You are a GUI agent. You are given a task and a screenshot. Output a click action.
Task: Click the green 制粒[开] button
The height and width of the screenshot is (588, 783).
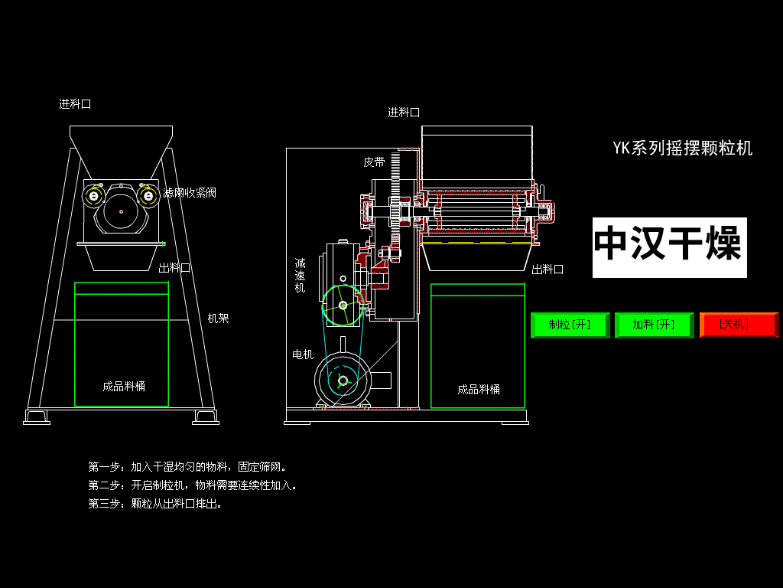pyautogui.click(x=570, y=325)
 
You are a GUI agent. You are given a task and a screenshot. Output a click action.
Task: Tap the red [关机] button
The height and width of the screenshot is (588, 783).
pyautogui.click(x=739, y=325)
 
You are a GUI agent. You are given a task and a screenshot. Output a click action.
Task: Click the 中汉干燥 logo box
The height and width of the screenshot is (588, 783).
pyautogui.click(x=669, y=247)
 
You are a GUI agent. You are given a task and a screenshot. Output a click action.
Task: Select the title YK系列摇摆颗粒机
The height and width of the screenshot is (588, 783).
pyautogui.click(x=682, y=149)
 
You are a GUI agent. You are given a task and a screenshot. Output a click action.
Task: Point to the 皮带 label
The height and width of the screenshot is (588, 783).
pyautogui.click(x=374, y=162)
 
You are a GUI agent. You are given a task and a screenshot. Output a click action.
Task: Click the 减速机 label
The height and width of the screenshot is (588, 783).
pyautogui.click(x=301, y=275)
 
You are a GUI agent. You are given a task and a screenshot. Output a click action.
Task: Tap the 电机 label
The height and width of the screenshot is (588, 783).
pyautogui.click(x=303, y=354)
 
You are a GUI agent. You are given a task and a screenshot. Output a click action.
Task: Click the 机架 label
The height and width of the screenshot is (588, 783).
pyautogui.click(x=219, y=318)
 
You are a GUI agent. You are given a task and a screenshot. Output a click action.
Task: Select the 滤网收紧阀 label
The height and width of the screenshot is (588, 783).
pyautogui.click(x=190, y=193)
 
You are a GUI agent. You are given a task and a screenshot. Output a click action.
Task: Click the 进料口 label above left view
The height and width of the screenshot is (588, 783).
pyautogui.click(x=75, y=104)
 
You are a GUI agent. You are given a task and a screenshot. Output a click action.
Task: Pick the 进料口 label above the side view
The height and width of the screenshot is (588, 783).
pyautogui.click(x=404, y=113)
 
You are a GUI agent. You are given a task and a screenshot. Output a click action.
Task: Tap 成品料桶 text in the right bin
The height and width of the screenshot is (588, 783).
pyautogui.click(x=479, y=389)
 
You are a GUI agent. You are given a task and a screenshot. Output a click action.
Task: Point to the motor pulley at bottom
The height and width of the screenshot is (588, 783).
pyautogui.click(x=342, y=381)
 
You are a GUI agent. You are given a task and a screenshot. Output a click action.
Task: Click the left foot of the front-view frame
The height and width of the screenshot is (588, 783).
pyautogui.click(x=36, y=417)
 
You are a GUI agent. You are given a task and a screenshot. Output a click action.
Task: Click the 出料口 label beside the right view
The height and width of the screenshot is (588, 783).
pyautogui.click(x=547, y=269)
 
